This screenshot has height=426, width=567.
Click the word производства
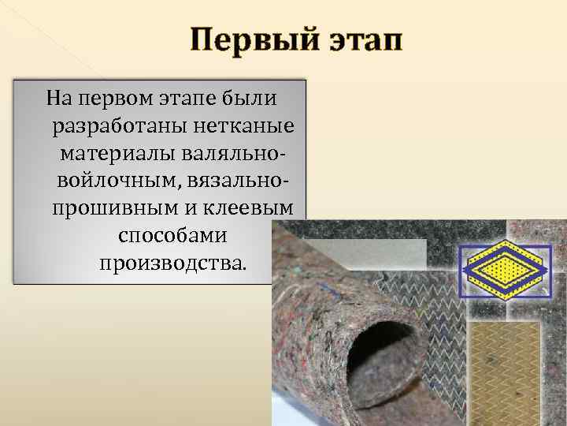tap(173, 260)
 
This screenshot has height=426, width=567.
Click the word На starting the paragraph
tap(59, 99)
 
